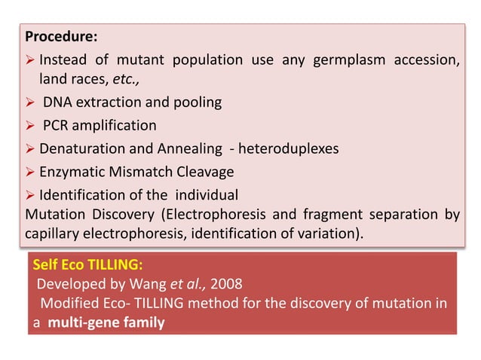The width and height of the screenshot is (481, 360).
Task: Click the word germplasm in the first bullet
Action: (334, 60)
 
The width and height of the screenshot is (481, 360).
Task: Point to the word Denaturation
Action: (78, 148)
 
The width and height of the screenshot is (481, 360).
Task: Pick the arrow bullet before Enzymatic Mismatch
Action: (31, 171)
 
